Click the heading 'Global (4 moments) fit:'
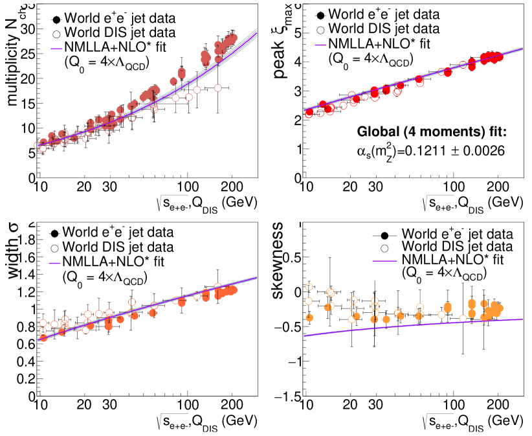point(432,132)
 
